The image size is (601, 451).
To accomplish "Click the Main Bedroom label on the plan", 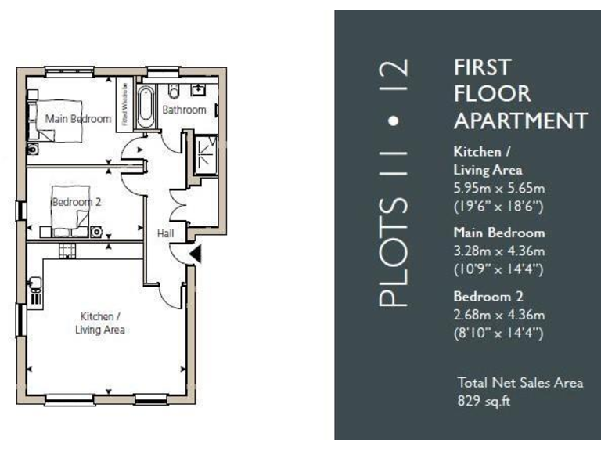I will point(78,119).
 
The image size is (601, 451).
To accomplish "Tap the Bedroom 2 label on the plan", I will point(77,202).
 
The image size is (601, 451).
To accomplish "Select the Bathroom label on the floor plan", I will point(184,110).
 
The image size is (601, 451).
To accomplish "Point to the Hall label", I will point(164,233).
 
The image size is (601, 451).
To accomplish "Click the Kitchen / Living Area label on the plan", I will point(100,323).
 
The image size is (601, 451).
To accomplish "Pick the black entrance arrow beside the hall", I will point(196,253).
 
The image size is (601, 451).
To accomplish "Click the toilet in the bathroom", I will point(173,92).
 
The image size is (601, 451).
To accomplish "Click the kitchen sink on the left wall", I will point(34,290).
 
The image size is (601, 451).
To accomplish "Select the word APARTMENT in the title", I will point(520,121).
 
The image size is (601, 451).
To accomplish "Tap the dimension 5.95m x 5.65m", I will point(499,189).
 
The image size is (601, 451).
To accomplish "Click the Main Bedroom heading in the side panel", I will point(499,233).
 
